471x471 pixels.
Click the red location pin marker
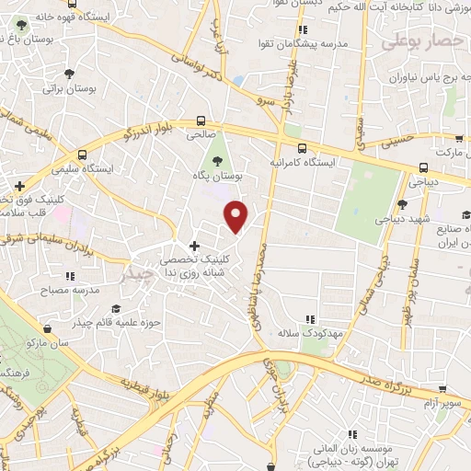(x=237, y=215)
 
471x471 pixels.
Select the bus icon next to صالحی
(x=201, y=121)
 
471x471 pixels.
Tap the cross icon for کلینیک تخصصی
(x=194, y=246)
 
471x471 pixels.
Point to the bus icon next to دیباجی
(x=423, y=168)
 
